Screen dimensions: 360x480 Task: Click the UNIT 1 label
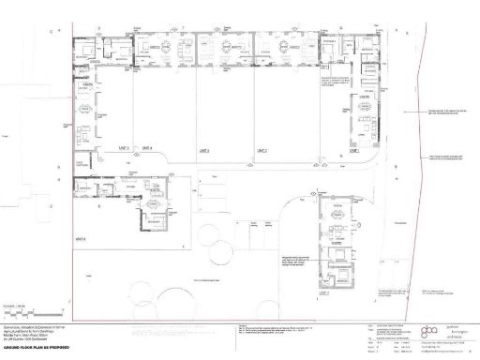tap(354, 149)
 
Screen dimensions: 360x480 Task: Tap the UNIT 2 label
tap(262, 149)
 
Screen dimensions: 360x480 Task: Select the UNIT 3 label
tap(202, 149)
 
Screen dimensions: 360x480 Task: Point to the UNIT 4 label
tap(146, 148)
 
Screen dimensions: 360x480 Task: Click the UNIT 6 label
tap(82, 237)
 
